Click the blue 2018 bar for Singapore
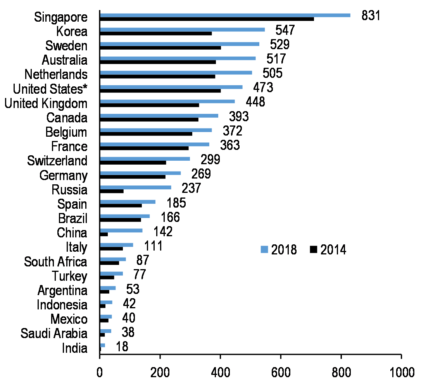pyautogui.click(x=225, y=15)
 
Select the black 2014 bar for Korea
pyautogui.click(x=155, y=33)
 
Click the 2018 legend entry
pyautogui.click(x=279, y=250)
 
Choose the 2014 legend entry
pyautogui.click(x=328, y=250)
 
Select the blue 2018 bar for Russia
pyautogui.click(x=135, y=187)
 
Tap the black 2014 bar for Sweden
pyautogui.click(x=160, y=48)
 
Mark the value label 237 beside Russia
pyautogui.click(x=191, y=188)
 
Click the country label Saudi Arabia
pyautogui.click(x=54, y=333)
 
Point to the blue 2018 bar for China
pyautogui.click(x=121, y=230)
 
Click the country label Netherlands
pyautogui.click(x=56, y=74)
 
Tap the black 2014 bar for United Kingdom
pyautogui.click(x=149, y=105)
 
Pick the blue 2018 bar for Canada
pyautogui.click(x=159, y=115)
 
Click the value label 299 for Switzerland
pyautogui.click(x=210, y=159)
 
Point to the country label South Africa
pyautogui.click(x=55, y=262)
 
